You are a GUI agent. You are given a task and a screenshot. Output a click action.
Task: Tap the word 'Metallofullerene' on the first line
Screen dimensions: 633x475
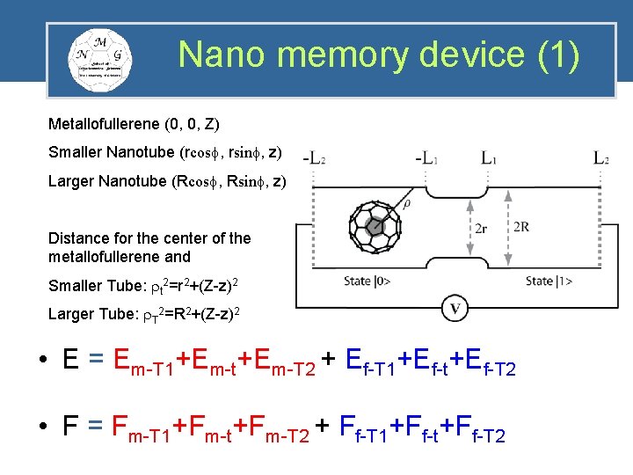(x=98, y=123)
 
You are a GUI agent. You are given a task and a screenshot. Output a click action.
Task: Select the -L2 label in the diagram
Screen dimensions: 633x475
(x=314, y=159)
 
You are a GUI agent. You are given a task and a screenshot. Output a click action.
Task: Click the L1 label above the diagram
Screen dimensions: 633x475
(x=489, y=159)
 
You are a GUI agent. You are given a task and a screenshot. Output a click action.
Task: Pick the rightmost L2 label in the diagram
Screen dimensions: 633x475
(x=601, y=159)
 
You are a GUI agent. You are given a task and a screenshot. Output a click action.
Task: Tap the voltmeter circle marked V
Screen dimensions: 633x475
(x=455, y=309)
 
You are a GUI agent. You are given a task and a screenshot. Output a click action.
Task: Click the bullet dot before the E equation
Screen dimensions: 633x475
(x=43, y=361)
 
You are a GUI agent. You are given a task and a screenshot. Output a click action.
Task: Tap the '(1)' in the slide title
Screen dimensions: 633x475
(x=557, y=55)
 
